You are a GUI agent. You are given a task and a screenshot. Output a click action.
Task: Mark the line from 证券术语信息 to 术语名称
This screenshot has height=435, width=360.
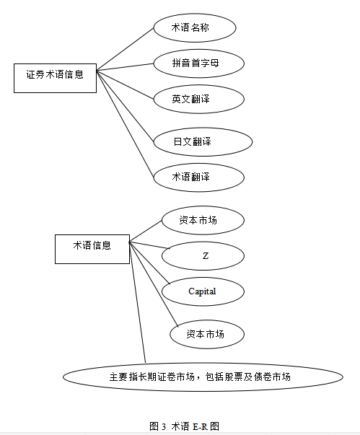tap(125, 49)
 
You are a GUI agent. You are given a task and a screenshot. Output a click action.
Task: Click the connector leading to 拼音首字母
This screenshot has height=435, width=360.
tap(125, 67)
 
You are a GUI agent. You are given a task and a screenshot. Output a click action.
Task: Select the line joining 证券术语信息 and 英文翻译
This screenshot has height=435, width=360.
tap(125, 85)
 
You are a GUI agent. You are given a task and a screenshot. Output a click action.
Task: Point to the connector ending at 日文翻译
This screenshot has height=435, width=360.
tap(125, 106)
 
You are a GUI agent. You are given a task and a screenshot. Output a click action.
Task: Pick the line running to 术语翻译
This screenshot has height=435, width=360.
tap(125, 124)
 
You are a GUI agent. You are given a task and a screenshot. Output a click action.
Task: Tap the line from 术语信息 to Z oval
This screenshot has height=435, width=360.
tap(149, 245)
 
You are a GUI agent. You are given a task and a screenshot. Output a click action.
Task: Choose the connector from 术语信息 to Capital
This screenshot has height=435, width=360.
tap(149, 263)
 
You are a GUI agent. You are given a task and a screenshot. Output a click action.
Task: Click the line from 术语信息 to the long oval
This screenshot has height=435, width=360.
tap(138, 302)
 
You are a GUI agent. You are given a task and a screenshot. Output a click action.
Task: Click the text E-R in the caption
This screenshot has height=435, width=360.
tap(200, 426)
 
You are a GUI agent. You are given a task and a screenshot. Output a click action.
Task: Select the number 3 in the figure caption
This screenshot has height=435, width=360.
tap(163, 426)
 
